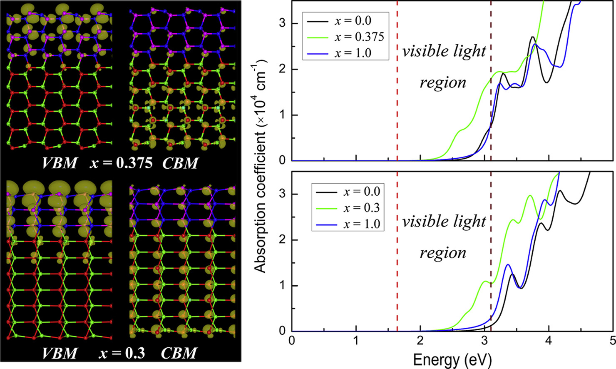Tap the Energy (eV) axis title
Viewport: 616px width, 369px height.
coord(452,359)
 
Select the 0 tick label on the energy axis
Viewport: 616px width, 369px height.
coord(292,341)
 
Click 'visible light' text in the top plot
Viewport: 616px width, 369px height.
coord(444,51)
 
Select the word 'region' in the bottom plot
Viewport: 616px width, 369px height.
coord(443,252)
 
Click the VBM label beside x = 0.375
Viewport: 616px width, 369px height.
coord(60,163)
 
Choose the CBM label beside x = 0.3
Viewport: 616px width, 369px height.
coord(179,353)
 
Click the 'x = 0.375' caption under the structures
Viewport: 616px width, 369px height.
coord(121,163)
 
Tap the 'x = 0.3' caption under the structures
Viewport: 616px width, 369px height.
coord(122,353)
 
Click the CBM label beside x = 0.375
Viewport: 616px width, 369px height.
coord(180,163)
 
